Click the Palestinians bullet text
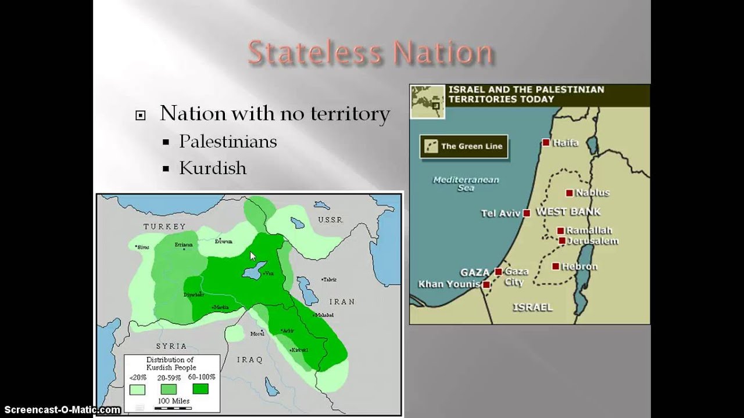point(228,142)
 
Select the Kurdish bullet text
point(213,168)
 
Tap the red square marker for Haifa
point(546,142)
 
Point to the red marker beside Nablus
point(569,193)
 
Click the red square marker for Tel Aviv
point(527,213)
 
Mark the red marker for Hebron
point(556,266)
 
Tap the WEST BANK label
point(568,212)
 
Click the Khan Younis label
point(449,284)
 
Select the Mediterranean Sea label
point(466,183)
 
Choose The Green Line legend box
point(464,146)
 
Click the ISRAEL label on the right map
point(532,307)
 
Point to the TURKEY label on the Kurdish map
point(165,226)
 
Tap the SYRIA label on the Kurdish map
point(171,346)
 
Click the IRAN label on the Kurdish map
point(342,302)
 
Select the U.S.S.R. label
point(331,220)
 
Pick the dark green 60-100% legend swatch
point(200,388)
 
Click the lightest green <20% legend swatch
point(138,388)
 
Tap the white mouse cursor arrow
point(253,256)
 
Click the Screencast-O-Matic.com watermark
point(61,410)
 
